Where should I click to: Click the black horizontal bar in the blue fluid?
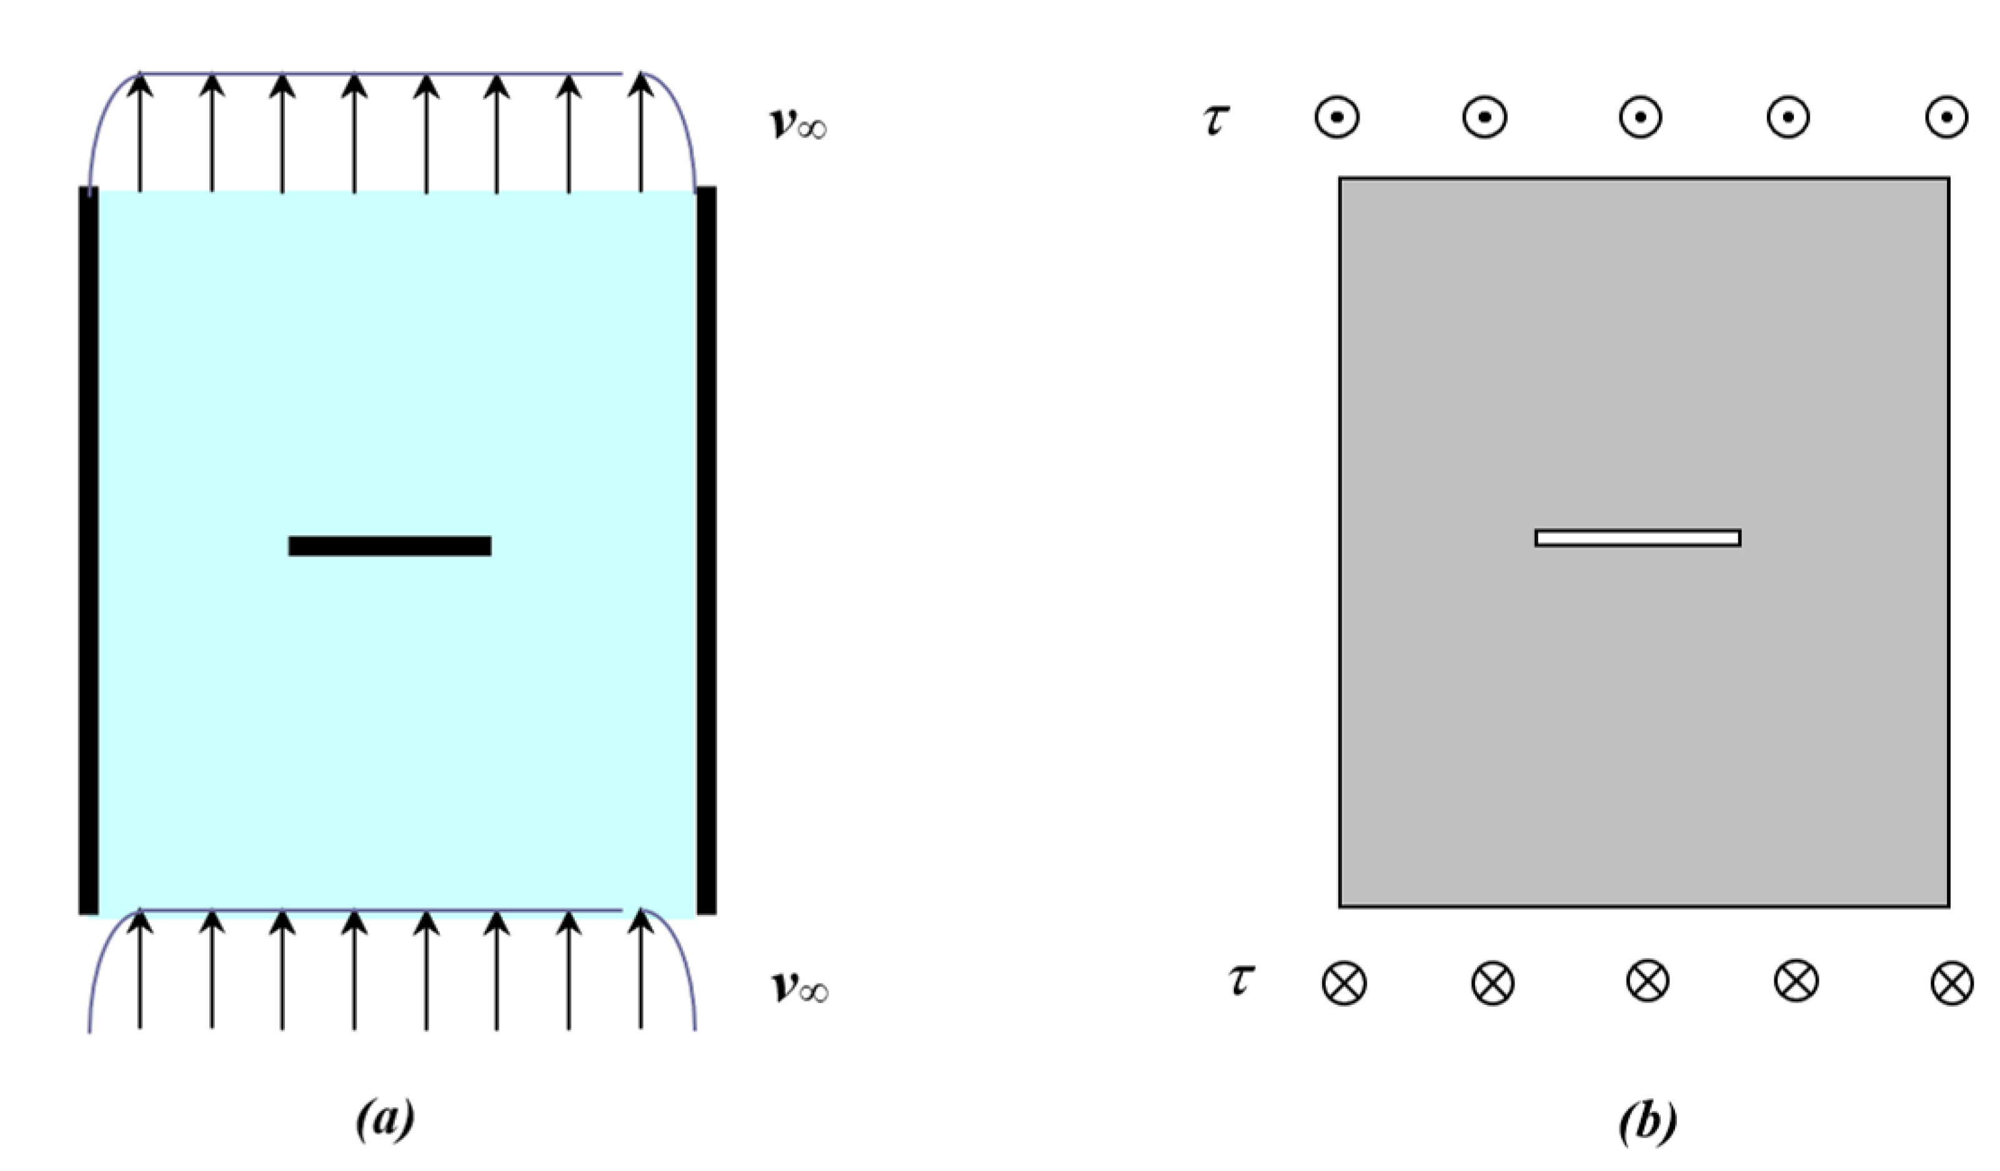point(390,546)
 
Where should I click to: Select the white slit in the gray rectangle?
point(1638,538)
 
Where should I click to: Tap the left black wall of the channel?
point(88,551)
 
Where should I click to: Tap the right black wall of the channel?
point(707,551)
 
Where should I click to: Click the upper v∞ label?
point(799,124)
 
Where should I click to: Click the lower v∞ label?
point(800,987)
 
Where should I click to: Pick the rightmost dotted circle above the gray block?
point(1946,117)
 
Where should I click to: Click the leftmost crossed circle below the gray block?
point(1345,984)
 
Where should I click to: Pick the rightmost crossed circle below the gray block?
point(1952,984)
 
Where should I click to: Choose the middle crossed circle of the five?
point(1648,981)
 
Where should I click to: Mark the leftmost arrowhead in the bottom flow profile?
point(141,922)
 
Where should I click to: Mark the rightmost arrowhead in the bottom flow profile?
point(641,922)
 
